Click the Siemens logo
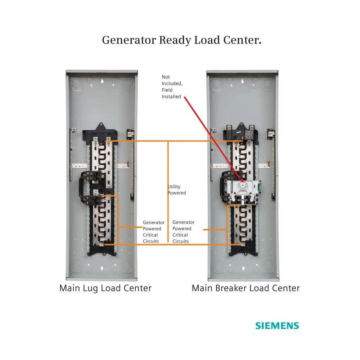[x=277, y=326]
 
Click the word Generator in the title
[x=129, y=40]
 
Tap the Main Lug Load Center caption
[x=105, y=288]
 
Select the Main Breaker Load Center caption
[x=246, y=288]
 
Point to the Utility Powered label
[x=177, y=190]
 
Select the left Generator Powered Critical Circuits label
[x=153, y=232]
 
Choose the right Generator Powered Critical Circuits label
[x=184, y=232]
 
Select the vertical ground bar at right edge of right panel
[x=273, y=162]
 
